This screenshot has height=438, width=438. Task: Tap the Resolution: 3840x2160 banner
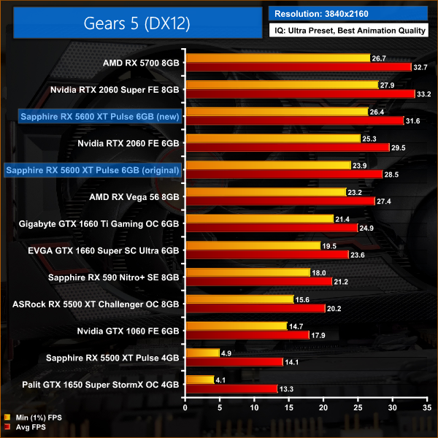click(350, 12)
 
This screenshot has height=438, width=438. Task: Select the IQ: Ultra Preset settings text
click(350, 31)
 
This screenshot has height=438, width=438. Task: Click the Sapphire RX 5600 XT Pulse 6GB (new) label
click(91, 116)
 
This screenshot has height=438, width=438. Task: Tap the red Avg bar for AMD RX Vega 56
click(280, 201)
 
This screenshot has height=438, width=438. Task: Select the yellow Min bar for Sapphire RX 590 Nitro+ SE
click(248, 272)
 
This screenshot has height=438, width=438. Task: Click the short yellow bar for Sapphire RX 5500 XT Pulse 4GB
click(203, 353)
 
